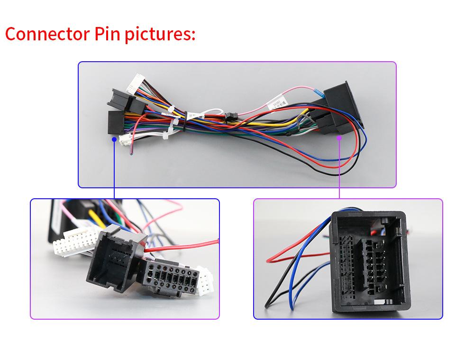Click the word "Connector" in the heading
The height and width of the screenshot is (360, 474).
point(45,34)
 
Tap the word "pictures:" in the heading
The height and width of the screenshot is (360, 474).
point(160,35)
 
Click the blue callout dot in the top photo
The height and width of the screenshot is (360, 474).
point(114,139)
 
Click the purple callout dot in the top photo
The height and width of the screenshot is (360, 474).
point(339,138)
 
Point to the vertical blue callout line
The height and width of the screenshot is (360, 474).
point(114,171)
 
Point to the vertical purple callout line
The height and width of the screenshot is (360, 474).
point(339,171)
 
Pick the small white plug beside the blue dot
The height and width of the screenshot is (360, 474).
point(126,139)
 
